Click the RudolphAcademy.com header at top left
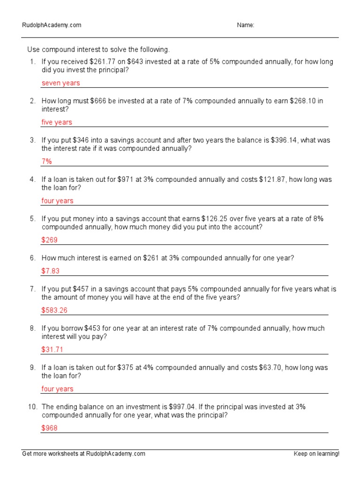click(x=52, y=25)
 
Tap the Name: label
click(x=246, y=25)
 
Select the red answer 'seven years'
click(x=60, y=83)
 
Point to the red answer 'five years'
click(x=57, y=122)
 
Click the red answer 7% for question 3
click(x=46, y=161)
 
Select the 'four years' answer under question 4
click(x=57, y=201)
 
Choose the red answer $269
click(x=49, y=240)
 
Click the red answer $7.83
click(x=51, y=271)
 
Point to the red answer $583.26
click(x=54, y=310)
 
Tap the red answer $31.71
click(x=52, y=350)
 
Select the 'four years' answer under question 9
click(x=57, y=389)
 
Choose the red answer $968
click(x=49, y=428)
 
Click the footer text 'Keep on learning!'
click(x=316, y=454)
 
